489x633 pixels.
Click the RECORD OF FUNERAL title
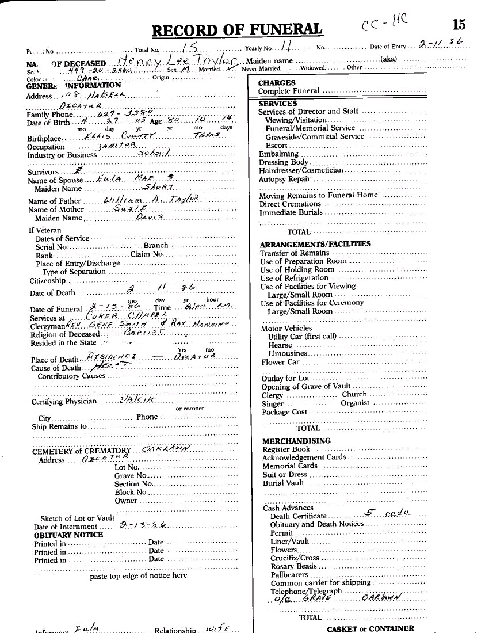tap(237, 29)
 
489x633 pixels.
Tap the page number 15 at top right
tap(459, 24)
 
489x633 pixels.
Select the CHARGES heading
tap(277, 83)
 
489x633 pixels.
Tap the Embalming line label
tap(278, 154)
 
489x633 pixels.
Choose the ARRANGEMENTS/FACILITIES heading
tap(315, 244)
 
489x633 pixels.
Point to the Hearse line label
tap(280, 345)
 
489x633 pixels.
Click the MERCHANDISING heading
tap(296, 441)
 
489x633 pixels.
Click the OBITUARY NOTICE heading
tap(68, 535)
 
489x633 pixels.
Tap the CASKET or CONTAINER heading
tap(370, 628)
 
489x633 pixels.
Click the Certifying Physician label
tap(64, 402)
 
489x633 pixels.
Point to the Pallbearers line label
tap(289, 575)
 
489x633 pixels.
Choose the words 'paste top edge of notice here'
tap(139, 575)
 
